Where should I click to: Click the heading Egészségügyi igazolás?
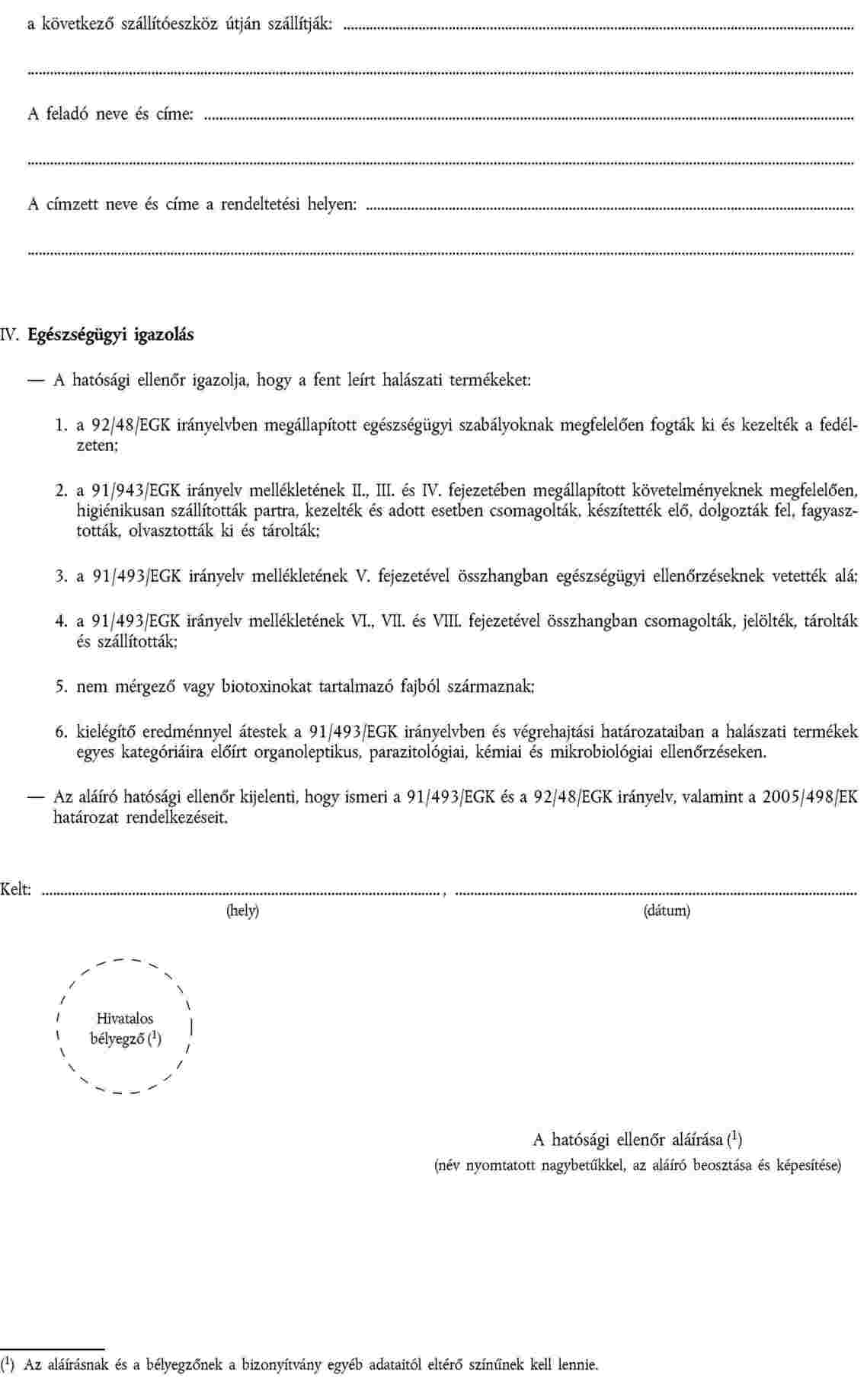(110, 334)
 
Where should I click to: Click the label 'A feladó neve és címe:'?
(110, 115)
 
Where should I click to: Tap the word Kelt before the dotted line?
(16, 889)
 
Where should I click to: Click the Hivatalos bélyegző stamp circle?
(125, 1029)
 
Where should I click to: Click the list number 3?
(60, 576)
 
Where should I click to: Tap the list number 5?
(60, 687)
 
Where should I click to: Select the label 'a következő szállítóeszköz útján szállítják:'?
(180, 24)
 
